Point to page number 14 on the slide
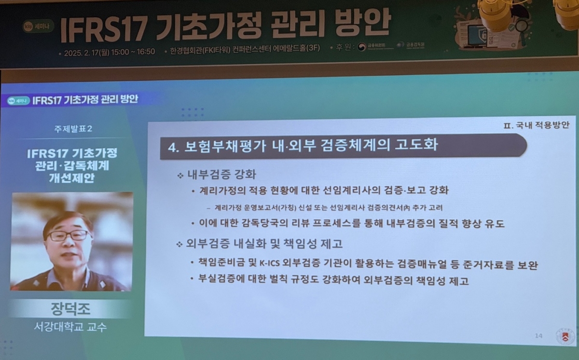tap(539, 335)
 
